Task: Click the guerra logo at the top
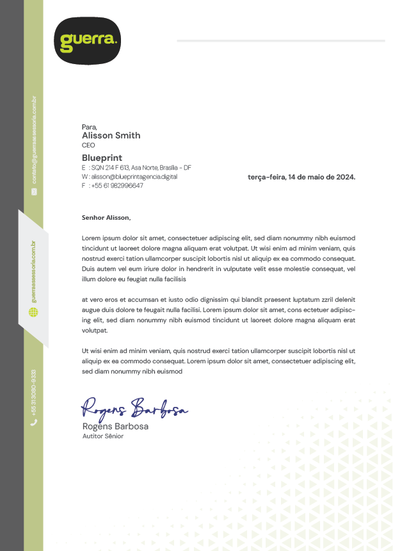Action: pos(87,41)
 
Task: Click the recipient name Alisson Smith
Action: pos(111,135)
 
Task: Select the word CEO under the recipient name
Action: pos(88,145)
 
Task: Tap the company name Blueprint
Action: pos(102,158)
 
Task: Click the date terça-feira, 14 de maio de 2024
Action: pos(301,177)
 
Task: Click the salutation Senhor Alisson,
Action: pos(106,218)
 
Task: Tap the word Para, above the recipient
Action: pos(89,127)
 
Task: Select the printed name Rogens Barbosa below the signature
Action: pos(115,426)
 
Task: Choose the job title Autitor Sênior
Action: pos(102,436)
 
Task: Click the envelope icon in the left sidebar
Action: pos(34,191)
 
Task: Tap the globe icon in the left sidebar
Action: pos(34,312)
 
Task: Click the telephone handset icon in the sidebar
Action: pos(34,422)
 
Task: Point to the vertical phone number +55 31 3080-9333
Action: pos(34,391)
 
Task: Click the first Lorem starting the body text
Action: pos(92,238)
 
